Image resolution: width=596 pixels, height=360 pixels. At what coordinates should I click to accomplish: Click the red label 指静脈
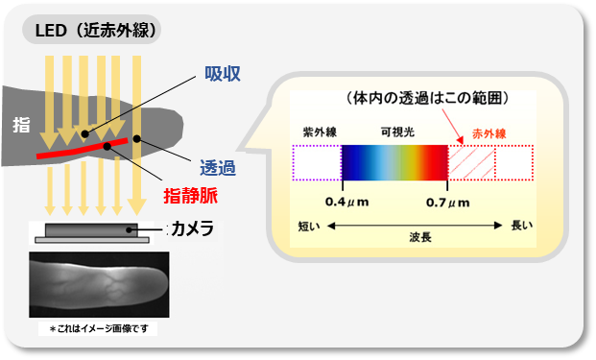192,196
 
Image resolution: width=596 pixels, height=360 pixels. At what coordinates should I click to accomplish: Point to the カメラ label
192,229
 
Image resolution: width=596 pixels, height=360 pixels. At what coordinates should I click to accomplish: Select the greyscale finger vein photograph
100,284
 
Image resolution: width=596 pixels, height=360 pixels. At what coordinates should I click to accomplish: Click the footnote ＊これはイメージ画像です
100,328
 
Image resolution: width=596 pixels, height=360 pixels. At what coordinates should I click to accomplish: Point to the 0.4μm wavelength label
343,202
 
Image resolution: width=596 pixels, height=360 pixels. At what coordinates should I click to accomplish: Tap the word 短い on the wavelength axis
309,227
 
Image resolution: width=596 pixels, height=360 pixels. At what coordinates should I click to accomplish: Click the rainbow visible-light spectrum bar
394,161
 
